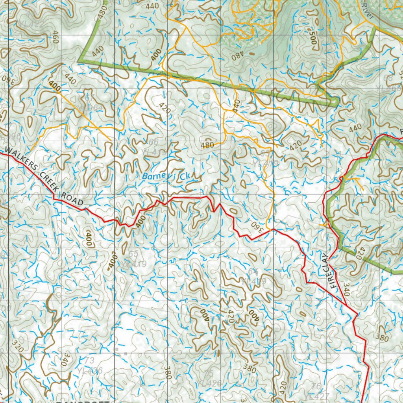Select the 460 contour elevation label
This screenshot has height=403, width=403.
[x=55, y=37]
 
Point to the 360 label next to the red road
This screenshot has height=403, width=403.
[x=256, y=226]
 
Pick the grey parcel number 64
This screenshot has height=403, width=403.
[x=253, y=272]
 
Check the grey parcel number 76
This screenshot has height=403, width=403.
[x=316, y=386]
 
